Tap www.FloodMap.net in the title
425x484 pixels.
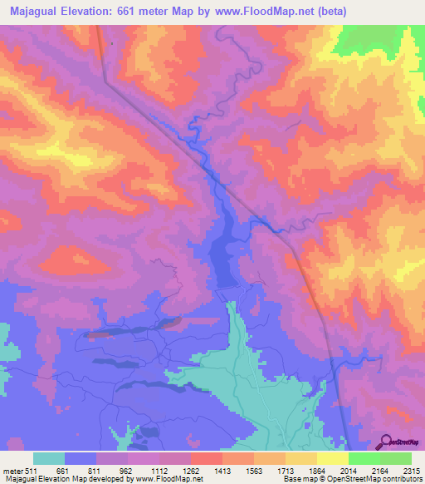tap(266, 12)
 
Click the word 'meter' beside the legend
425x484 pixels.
tap(14, 471)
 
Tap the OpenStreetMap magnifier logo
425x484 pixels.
tap(386, 442)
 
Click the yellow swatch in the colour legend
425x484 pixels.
tap(332, 458)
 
